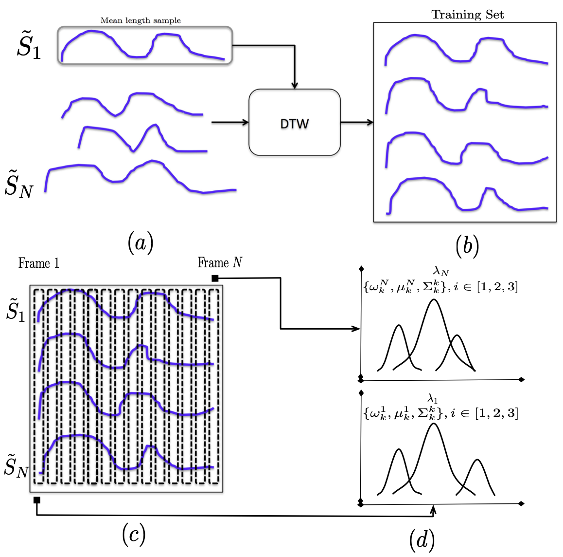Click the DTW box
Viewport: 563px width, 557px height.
(294, 123)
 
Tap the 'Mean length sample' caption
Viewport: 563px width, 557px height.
(141, 20)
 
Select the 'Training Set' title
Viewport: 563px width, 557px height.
(467, 15)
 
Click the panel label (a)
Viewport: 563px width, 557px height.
(140, 242)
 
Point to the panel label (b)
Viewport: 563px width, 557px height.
(467, 246)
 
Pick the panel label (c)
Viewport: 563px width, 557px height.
(133, 534)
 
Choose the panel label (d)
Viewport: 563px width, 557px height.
(422, 539)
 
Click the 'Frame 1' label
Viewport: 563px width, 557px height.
(38, 263)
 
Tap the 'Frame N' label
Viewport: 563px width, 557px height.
(220, 263)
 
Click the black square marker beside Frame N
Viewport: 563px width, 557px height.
(214, 278)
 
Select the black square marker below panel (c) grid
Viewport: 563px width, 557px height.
(37, 500)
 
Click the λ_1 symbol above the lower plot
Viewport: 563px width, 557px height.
(433, 400)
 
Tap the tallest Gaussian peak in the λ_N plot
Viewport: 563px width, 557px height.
(434, 300)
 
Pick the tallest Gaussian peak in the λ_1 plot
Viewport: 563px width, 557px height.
(433, 425)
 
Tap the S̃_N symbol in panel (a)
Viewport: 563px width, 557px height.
(19, 184)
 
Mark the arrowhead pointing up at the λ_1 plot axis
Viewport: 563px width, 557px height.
(433, 509)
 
